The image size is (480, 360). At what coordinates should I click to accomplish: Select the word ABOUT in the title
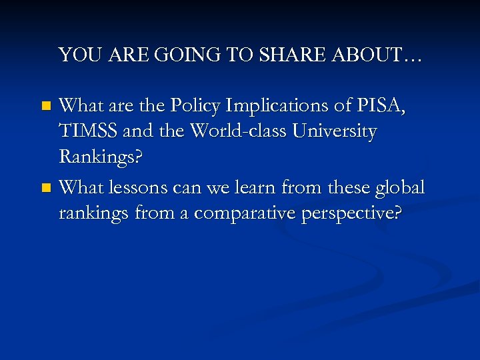373,55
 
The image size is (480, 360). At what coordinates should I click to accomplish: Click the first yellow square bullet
45,105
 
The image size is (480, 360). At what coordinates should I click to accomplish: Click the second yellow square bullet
45,189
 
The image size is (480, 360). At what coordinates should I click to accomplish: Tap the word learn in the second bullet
275,187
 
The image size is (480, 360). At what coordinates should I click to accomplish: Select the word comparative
251,215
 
